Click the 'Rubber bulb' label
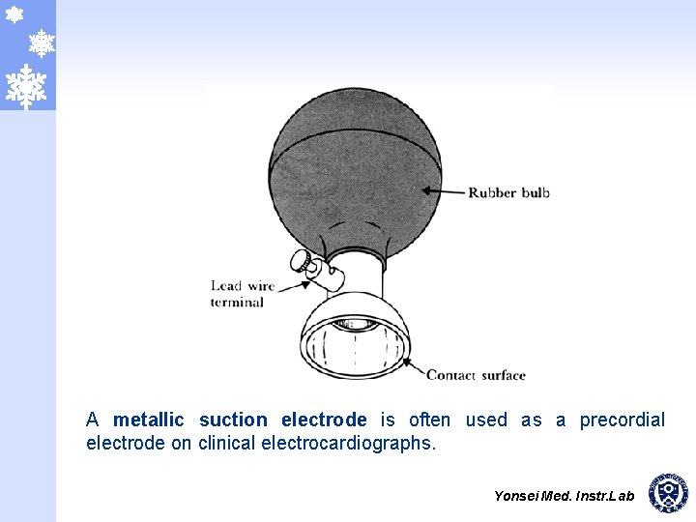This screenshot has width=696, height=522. tap(508, 192)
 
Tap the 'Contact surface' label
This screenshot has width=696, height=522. tap(476, 375)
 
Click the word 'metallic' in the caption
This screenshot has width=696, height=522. tap(148, 420)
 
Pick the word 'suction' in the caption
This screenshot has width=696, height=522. tap(233, 420)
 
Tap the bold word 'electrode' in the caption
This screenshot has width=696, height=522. tap(324, 420)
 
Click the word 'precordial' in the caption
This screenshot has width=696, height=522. tap(623, 420)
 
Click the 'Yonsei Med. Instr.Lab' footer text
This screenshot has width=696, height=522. tap(564, 496)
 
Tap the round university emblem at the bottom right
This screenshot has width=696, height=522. tap(668, 493)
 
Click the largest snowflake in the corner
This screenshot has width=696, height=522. tap(26, 86)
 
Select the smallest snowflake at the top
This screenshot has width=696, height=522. tap(14, 14)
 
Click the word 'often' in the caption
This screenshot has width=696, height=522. tap(429, 420)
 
